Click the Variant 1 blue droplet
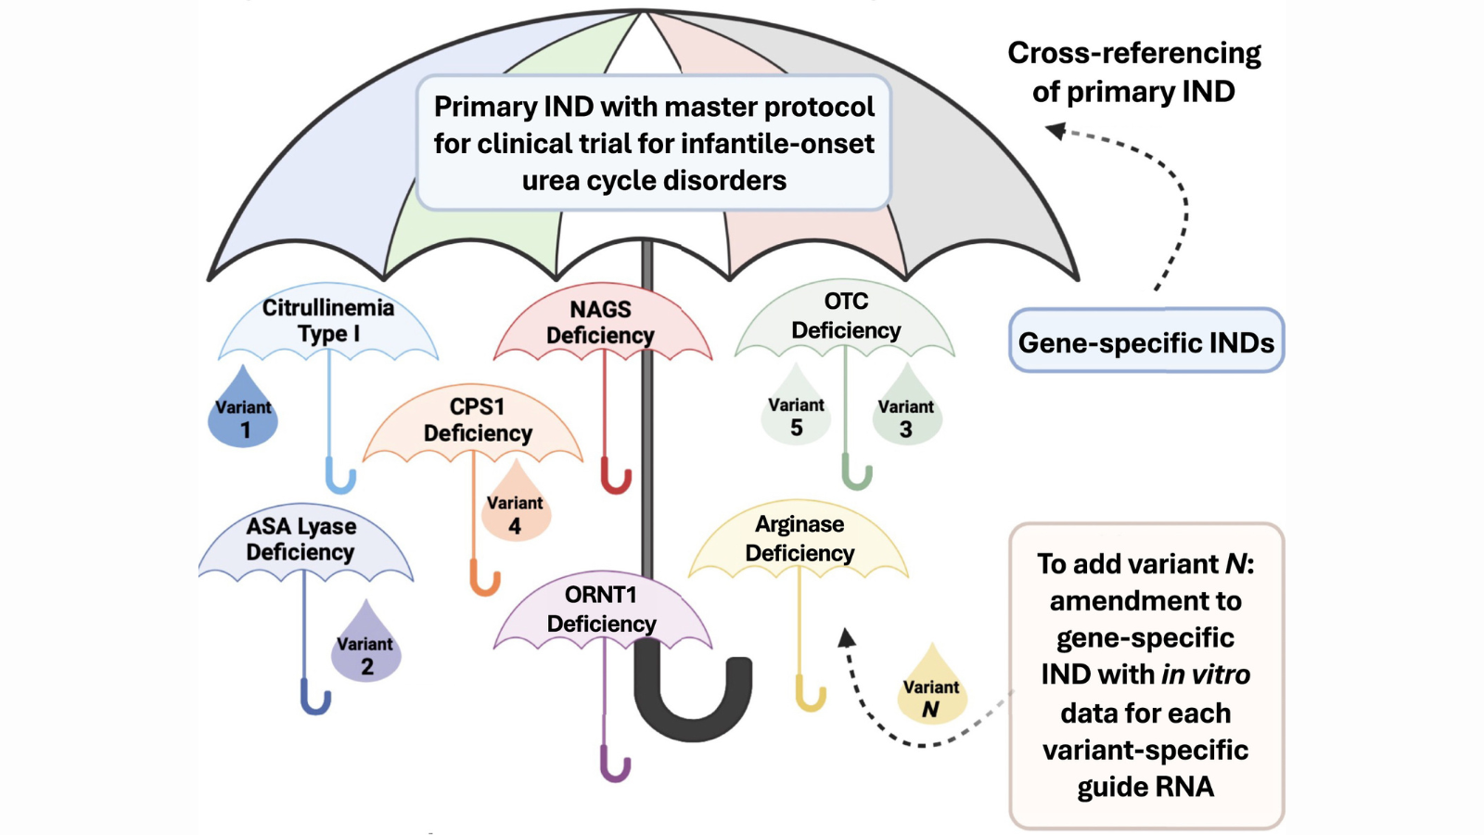pyautogui.click(x=243, y=416)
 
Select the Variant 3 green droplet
pyautogui.click(x=906, y=414)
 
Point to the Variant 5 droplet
pyautogui.click(x=796, y=412)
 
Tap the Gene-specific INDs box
pyautogui.click(x=1145, y=341)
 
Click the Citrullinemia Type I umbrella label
pyautogui.click(x=328, y=320)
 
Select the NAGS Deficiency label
pyautogui.click(x=601, y=322)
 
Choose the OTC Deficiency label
pyautogui.click(x=846, y=315)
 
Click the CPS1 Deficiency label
pyautogui.click(x=478, y=419)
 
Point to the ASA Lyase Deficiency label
pyautogui.click(x=301, y=538)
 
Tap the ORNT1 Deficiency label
pyautogui.click(x=601, y=609)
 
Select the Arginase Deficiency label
pyautogui.click(x=800, y=538)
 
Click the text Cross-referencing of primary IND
pyautogui.click(x=1133, y=71)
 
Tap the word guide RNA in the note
pyautogui.click(x=1145, y=787)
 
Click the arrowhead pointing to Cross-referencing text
pyautogui.click(x=1056, y=131)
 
